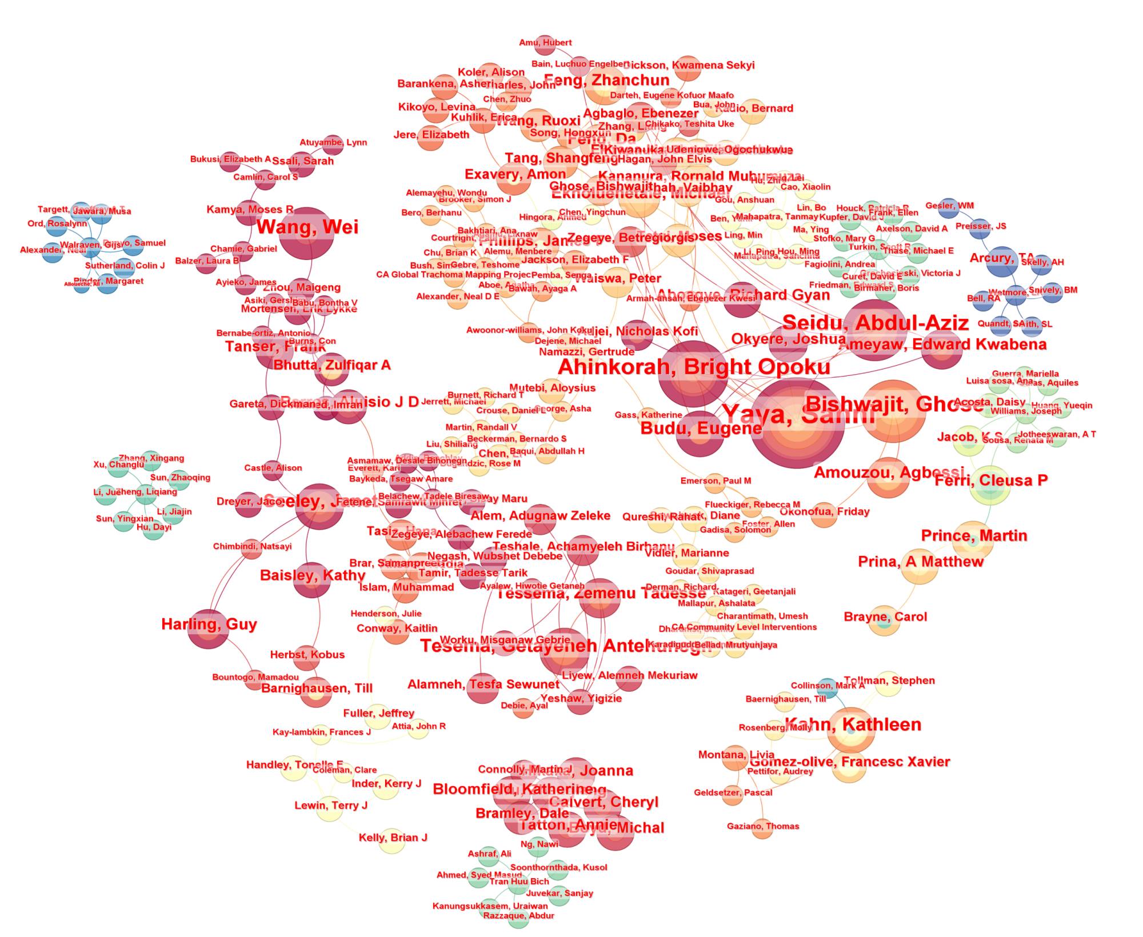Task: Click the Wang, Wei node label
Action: point(307,227)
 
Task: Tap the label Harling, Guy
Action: point(209,624)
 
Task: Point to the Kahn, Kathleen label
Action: point(853,724)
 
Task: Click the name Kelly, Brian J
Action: point(393,838)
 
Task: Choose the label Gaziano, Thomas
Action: point(763,826)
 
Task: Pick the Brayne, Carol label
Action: point(885,617)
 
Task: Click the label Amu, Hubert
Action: point(545,43)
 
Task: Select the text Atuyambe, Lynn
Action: point(333,142)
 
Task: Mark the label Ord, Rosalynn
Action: point(57,223)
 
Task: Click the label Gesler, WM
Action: point(949,206)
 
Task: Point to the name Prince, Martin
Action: point(974,536)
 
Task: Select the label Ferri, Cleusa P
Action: point(991,480)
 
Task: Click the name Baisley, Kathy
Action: point(312,575)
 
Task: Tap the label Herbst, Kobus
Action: point(307,655)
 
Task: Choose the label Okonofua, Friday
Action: point(824,512)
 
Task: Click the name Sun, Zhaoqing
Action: point(180,478)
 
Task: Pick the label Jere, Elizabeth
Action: point(431,135)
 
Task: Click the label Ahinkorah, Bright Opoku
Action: point(694,367)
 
